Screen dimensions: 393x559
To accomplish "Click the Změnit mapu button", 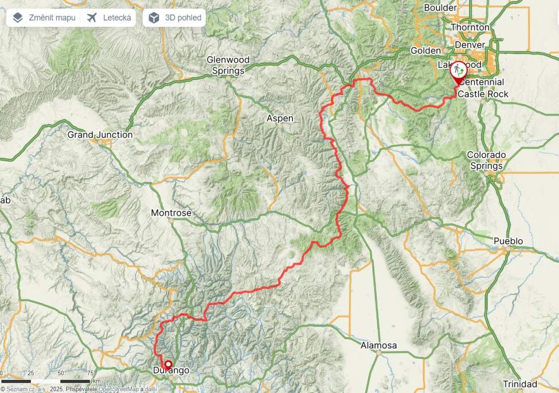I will [x=44, y=18].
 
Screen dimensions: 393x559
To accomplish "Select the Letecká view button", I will [x=110, y=18].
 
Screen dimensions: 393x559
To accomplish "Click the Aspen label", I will [x=280, y=119].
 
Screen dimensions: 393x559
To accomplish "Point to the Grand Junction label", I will [x=100, y=135].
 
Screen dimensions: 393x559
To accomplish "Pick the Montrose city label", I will [x=171, y=213].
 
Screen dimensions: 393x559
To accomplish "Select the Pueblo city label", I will [x=509, y=241].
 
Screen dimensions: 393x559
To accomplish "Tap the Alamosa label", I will [x=378, y=345].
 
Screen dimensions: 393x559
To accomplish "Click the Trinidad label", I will [x=520, y=384].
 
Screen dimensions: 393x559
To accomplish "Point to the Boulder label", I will [x=440, y=7].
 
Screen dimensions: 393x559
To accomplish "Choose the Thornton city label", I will [x=470, y=27].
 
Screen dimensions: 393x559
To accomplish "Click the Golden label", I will [x=425, y=50].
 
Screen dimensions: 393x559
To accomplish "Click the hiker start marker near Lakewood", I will [x=459, y=70].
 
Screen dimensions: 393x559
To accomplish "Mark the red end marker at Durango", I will [x=168, y=364].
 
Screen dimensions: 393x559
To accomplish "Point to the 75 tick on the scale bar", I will [x=90, y=373].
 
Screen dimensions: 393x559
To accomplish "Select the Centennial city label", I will [x=482, y=83].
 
